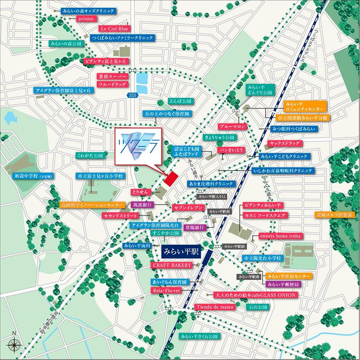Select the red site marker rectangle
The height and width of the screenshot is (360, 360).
(171, 178)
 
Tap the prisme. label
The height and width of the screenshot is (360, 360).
(87, 19)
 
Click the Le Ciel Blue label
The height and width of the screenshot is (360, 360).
(114, 28)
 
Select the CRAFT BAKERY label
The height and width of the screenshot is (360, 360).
(172, 265)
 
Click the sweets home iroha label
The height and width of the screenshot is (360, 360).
(280, 236)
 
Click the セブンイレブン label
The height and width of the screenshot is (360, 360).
(189, 208)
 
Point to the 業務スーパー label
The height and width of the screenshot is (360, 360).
(113, 76)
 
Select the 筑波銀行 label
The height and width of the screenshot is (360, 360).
(142, 204)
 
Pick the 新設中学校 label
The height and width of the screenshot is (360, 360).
(33, 176)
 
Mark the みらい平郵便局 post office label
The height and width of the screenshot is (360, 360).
(283, 284)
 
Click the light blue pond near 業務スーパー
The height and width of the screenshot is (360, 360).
(142, 83)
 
